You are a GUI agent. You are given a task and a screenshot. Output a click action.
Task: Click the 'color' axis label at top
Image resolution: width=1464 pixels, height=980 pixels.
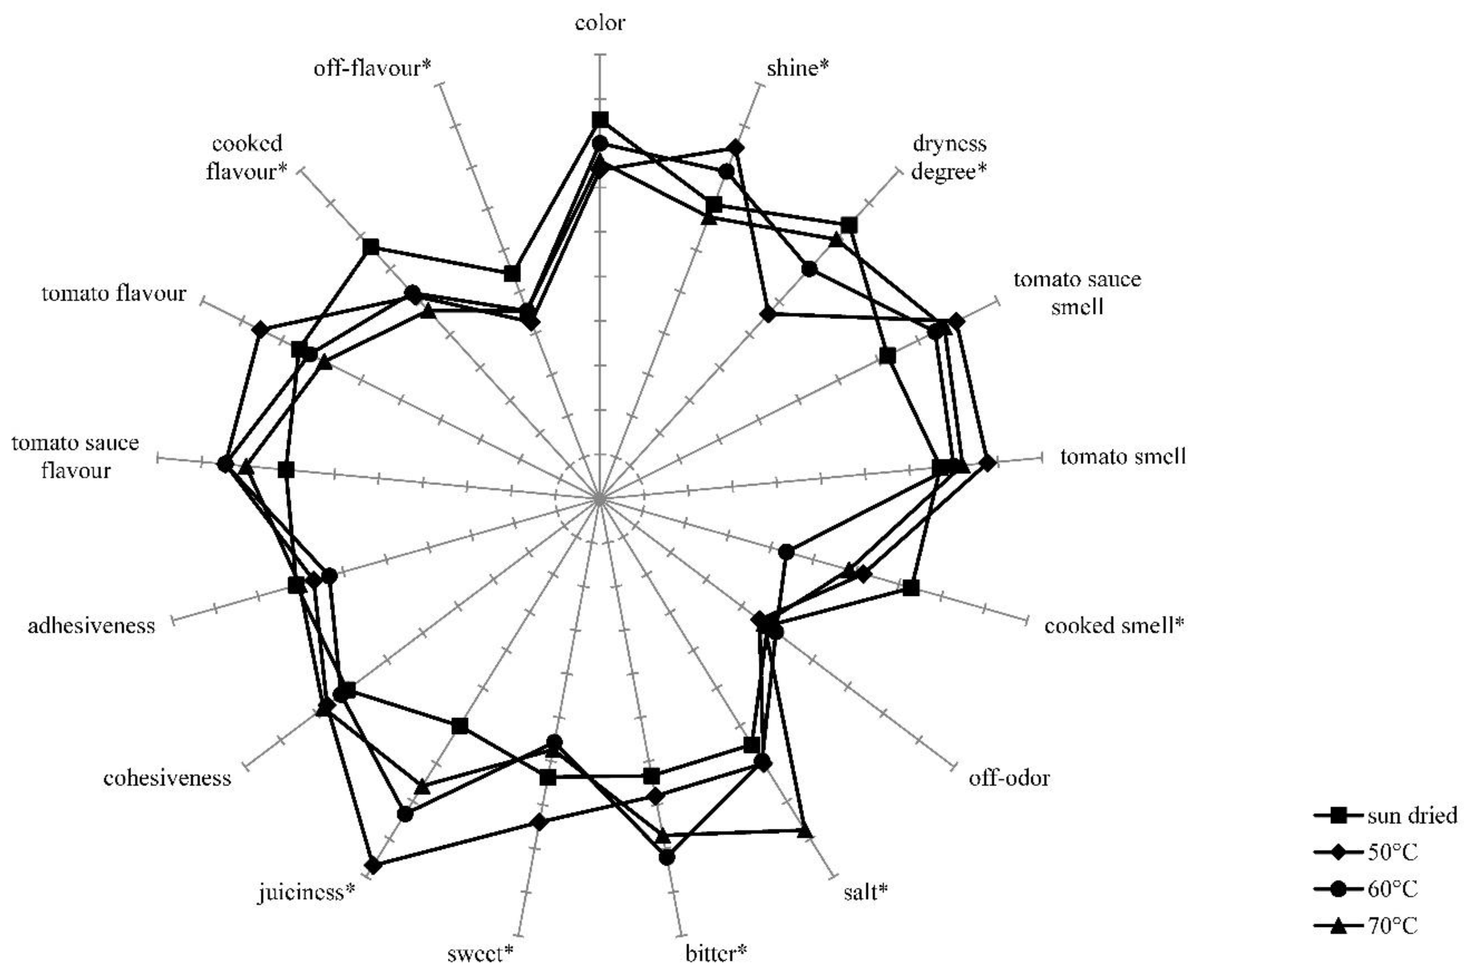pos(599,24)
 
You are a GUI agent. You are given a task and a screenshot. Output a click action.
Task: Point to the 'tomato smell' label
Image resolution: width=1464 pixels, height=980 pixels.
pos(1122,456)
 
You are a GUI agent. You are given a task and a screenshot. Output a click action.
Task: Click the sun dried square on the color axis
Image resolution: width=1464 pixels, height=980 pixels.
pos(600,120)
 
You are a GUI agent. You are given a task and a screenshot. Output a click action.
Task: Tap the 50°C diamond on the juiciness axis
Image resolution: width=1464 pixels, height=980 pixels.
pos(373,866)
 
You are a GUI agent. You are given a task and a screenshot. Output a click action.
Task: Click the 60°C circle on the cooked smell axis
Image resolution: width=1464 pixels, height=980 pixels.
pos(786,551)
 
